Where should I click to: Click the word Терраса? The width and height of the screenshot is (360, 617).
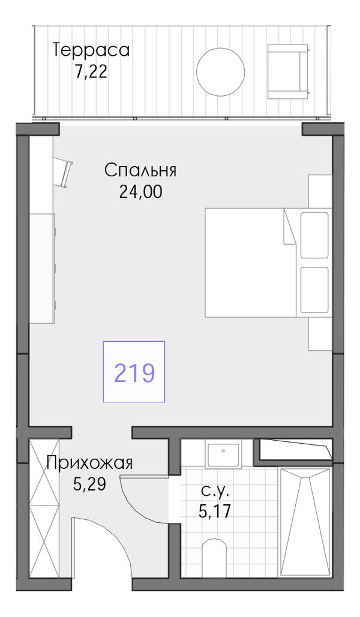91,50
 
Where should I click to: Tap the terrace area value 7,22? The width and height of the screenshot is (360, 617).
91,72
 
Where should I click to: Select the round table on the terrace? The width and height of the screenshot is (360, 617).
221,71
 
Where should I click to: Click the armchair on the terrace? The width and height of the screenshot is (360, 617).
288,71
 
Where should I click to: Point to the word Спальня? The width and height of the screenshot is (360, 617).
140,171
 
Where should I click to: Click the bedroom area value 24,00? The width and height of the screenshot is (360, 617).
140,192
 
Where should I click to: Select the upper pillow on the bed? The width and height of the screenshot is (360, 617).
314,235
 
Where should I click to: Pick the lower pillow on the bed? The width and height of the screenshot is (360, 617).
314,290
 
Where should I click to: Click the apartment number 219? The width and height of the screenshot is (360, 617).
134,372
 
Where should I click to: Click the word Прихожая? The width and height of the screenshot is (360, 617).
89,463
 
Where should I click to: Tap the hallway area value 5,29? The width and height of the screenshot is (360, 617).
89,484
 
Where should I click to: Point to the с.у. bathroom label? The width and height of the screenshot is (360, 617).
215,490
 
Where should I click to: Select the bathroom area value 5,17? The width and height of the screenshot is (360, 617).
215,511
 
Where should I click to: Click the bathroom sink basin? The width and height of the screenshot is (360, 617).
223,455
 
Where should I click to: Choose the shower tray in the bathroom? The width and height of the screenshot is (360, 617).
304,522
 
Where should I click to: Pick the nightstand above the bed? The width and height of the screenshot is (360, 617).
320,191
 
